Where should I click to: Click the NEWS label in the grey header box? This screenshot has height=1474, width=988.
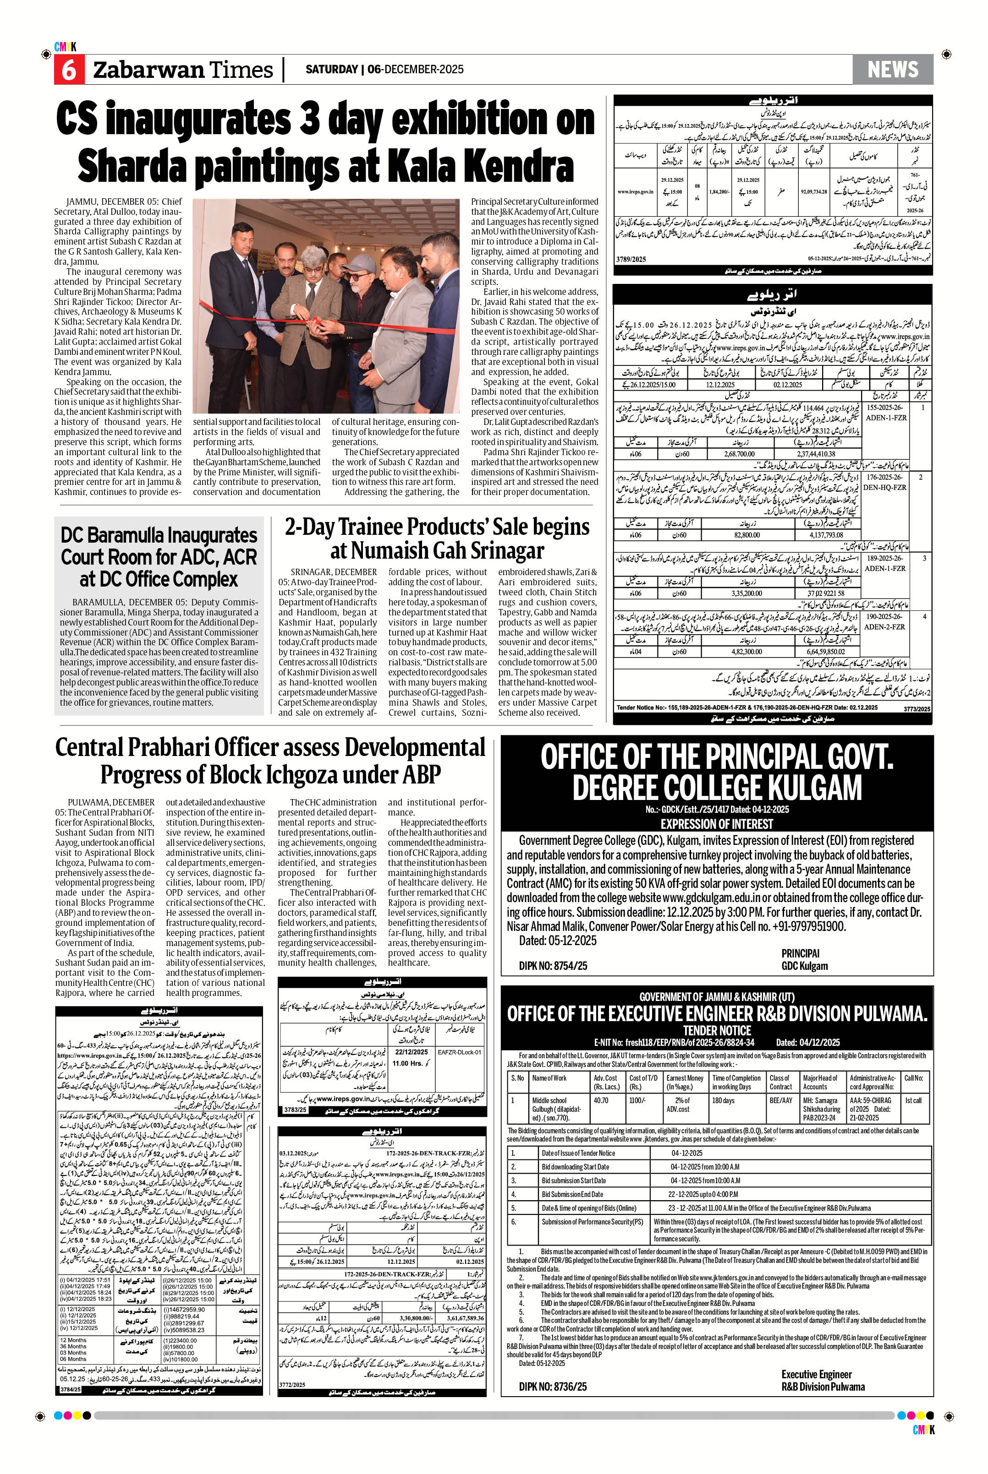pos(892,69)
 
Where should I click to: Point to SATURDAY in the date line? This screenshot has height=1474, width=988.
pos(331,69)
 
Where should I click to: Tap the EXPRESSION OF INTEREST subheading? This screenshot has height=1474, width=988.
pos(716,824)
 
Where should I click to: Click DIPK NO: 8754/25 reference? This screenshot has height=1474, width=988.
pos(553,966)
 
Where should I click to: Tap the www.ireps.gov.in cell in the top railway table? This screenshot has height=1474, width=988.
pos(635,191)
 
